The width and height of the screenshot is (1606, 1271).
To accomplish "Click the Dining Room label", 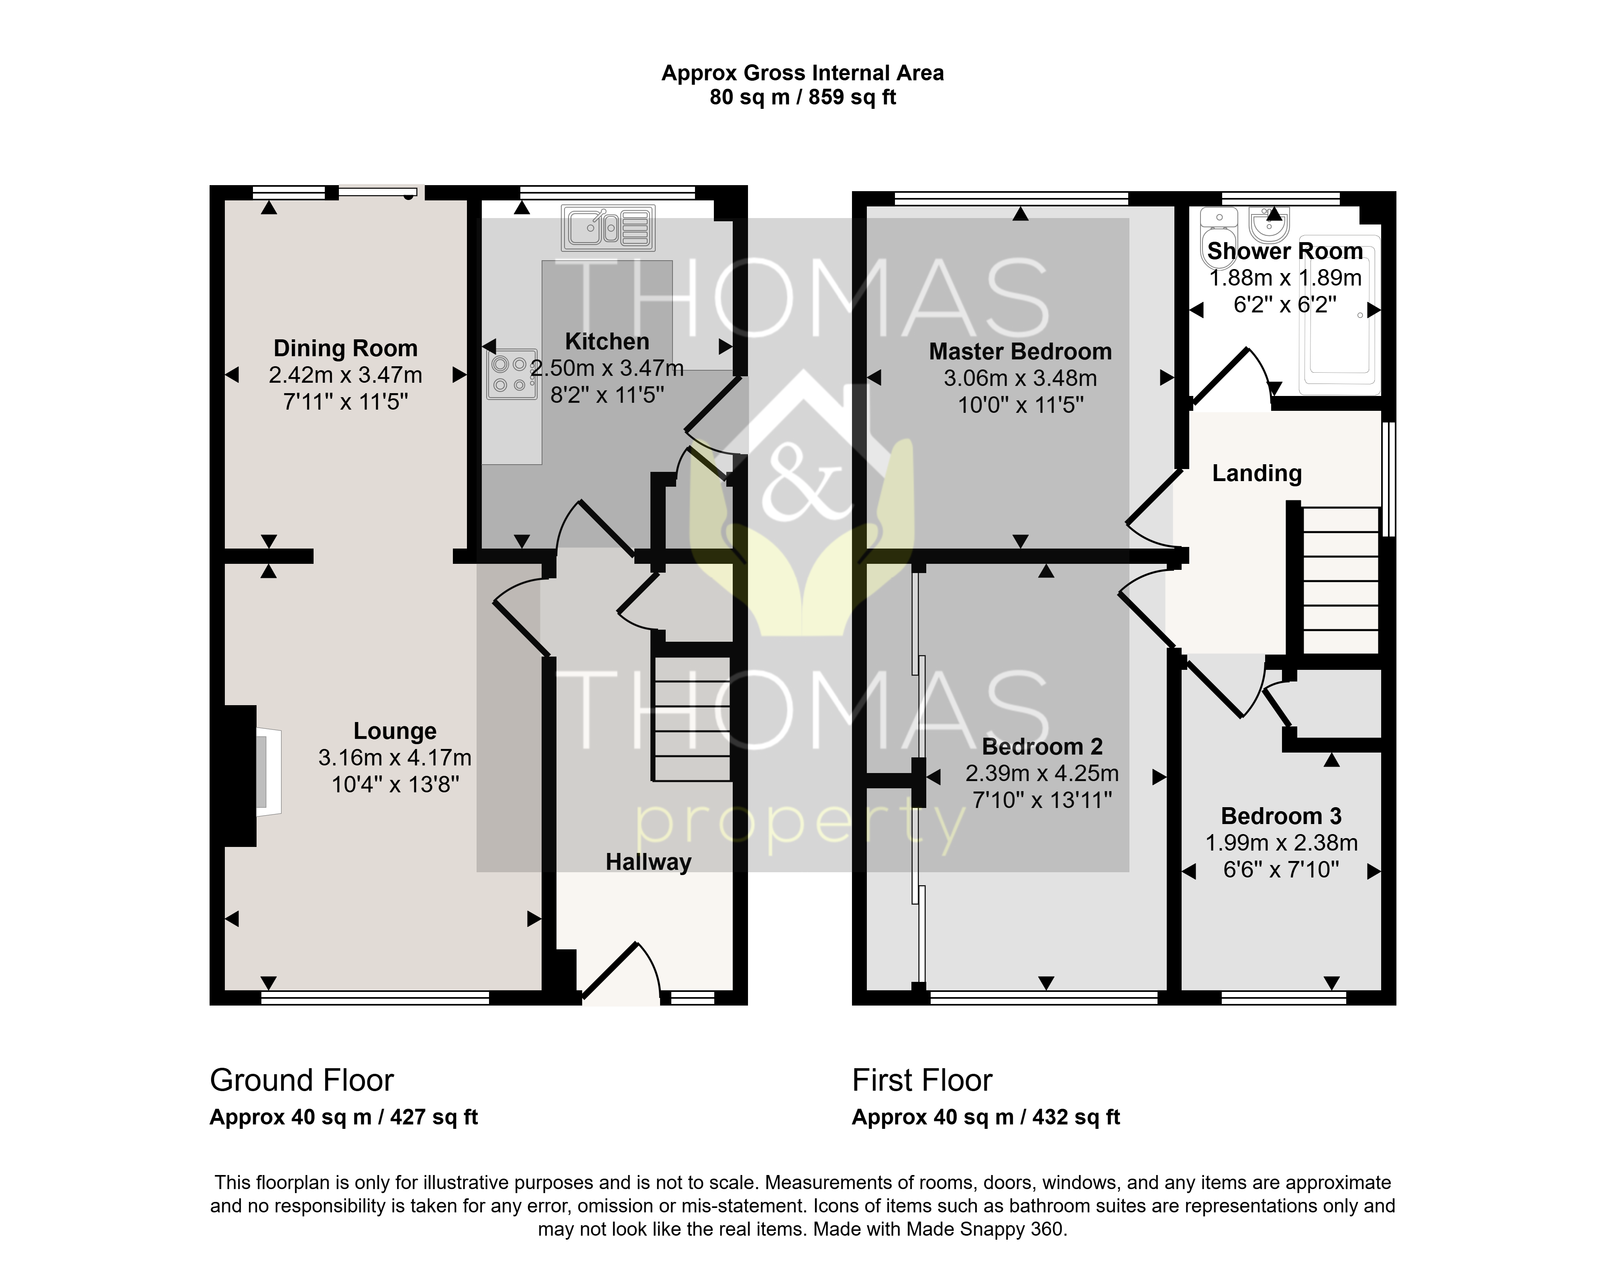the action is coord(345,348).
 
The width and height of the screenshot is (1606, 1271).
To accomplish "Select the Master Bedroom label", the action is coord(1020,351).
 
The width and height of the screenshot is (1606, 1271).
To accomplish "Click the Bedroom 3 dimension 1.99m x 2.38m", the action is coord(1281,843).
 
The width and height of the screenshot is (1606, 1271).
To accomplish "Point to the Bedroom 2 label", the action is coord(1042,747).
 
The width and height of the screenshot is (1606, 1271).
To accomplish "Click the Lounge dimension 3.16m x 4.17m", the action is coord(395,757).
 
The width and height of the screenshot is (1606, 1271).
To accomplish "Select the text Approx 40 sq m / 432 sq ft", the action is coord(986,1117).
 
